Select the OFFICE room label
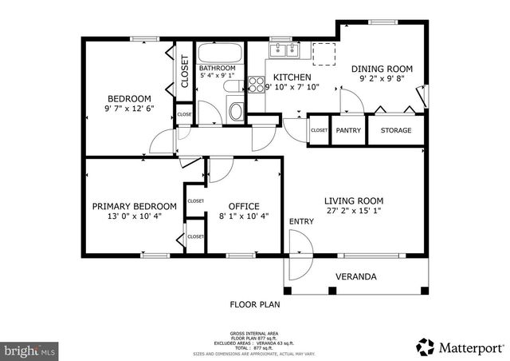[244, 206]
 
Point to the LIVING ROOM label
[354, 200]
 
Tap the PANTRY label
[347, 130]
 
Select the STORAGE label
[396, 130]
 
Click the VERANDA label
[355, 277]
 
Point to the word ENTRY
[301, 221]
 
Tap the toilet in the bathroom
[237, 110]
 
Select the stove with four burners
[257, 84]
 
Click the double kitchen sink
[284, 50]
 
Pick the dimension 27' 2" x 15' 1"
[354, 212]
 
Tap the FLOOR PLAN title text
[255, 304]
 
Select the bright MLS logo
[29, 350]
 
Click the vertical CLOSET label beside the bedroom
[184, 71]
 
